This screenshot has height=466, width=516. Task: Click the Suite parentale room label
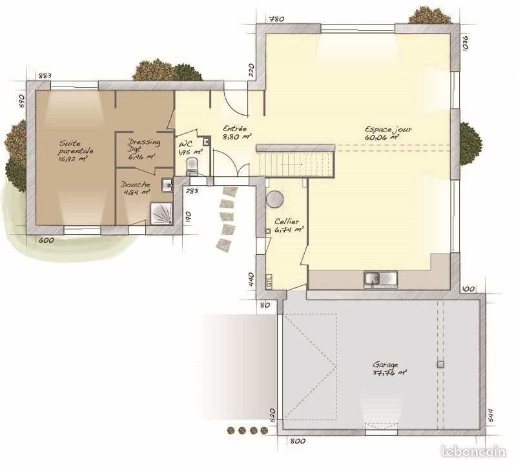pyautogui.click(x=76, y=150)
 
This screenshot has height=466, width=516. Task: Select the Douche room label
pyautogui.click(x=136, y=188)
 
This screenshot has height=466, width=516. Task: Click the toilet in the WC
pyautogui.click(x=192, y=167)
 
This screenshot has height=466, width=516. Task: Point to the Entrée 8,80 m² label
pyautogui.click(x=236, y=132)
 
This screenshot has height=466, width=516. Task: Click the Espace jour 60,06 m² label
pyautogui.click(x=387, y=133)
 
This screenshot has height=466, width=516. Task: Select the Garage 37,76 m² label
pyautogui.click(x=389, y=368)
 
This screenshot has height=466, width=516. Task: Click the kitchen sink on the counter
pyautogui.click(x=380, y=278)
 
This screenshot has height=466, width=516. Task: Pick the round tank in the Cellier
pyautogui.click(x=276, y=199)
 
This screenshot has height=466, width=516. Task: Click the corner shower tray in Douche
pyautogui.click(x=162, y=212)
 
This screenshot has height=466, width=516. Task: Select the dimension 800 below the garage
pyautogui.click(x=297, y=441)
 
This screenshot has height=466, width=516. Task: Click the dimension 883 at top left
pyautogui.click(x=45, y=76)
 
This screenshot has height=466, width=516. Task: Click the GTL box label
pyautogui.click(x=269, y=281)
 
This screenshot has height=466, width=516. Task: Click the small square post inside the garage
pyautogui.click(x=440, y=365)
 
